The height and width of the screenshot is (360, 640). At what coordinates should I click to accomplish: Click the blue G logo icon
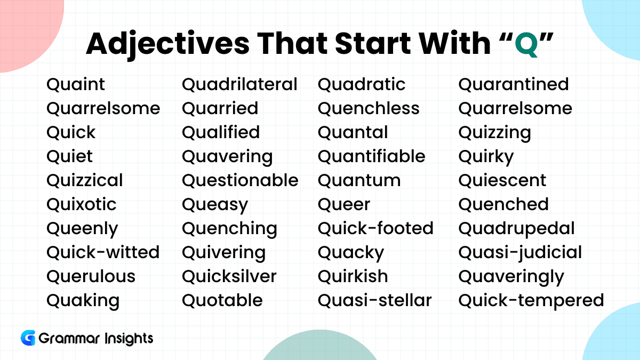(x=28, y=338)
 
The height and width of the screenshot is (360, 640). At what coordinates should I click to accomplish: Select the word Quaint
(x=76, y=84)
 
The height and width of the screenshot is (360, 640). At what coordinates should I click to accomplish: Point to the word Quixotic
(x=82, y=204)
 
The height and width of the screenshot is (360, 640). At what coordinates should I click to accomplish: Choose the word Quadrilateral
(x=240, y=84)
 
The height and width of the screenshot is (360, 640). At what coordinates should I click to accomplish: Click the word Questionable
(x=241, y=180)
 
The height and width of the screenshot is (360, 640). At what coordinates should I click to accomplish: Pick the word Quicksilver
(x=229, y=276)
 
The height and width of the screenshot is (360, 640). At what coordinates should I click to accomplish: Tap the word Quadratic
(x=362, y=84)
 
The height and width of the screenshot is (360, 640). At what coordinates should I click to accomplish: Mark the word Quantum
(x=359, y=181)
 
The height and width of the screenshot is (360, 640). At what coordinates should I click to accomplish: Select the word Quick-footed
(x=375, y=228)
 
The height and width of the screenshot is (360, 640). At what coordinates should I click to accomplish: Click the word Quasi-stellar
(x=375, y=300)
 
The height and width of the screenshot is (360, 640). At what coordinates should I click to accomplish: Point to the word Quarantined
(x=514, y=84)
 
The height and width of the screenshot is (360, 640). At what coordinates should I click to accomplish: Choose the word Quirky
(x=486, y=157)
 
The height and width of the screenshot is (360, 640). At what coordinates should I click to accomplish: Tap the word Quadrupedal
(x=517, y=229)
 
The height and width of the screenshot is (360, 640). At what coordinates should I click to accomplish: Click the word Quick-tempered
(x=531, y=301)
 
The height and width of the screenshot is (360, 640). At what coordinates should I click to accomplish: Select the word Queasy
(x=215, y=205)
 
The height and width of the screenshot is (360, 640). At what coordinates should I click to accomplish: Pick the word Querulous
(x=91, y=276)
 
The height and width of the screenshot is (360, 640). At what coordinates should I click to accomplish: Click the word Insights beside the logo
(x=129, y=339)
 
